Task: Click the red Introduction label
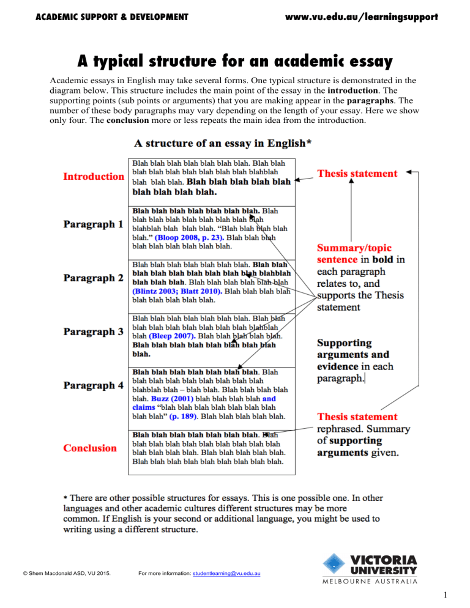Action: click(x=94, y=176)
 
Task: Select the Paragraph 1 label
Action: click(x=94, y=224)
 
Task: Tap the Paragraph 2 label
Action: click(x=94, y=278)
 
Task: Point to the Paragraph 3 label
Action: click(x=94, y=332)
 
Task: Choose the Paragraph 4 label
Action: click(x=94, y=386)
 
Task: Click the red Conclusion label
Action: click(x=90, y=447)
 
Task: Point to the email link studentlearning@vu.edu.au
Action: click(x=226, y=573)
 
